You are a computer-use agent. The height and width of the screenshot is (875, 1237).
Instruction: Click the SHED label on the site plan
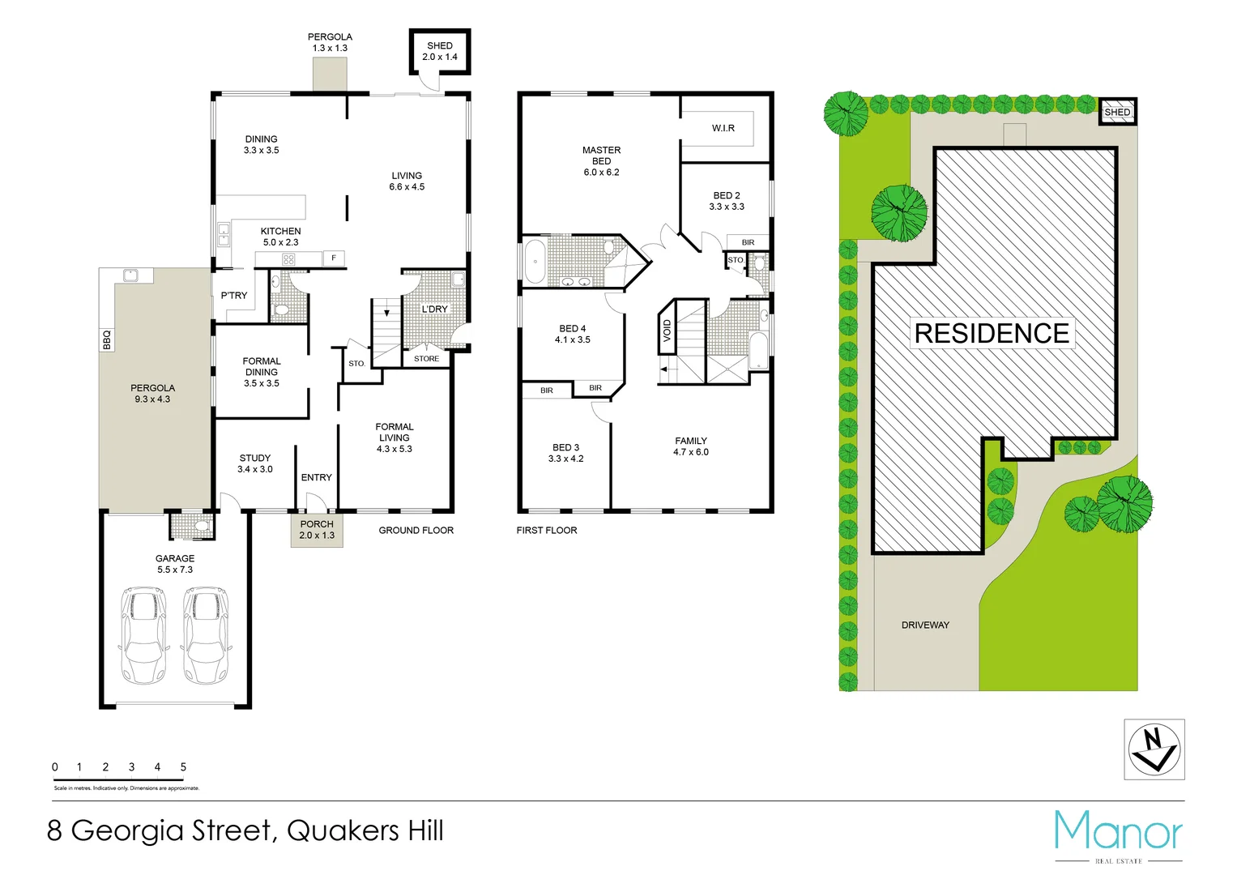(1117, 112)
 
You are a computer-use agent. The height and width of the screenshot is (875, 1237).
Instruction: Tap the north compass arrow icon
(1154, 749)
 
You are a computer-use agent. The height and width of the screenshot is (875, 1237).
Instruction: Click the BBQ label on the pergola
(106, 339)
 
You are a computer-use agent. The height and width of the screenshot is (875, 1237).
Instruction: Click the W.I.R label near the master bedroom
(723, 128)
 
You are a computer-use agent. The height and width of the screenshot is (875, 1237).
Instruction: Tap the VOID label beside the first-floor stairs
(668, 330)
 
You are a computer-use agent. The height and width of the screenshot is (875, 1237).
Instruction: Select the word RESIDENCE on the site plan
(992, 333)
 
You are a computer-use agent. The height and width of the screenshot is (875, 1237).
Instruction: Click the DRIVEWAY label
(925, 625)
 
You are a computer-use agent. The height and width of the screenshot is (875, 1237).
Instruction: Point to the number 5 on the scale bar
(183, 766)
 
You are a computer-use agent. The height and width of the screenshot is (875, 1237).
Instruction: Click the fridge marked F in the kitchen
(333, 258)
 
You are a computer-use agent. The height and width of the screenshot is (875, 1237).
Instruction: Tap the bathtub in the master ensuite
(535, 262)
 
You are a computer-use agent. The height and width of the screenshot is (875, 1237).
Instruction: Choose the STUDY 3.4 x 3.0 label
(254, 463)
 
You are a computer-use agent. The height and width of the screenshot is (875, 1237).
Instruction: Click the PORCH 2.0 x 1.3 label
(317, 530)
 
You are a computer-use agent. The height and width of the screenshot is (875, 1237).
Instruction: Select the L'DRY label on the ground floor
(434, 309)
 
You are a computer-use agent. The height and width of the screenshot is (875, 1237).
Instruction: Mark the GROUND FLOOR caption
(416, 530)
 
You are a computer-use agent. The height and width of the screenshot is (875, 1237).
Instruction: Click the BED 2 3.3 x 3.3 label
(727, 201)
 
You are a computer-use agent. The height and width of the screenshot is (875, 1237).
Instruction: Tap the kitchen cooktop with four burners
(288, 259)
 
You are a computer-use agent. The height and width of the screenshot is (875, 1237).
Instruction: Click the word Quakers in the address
(343, 830)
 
